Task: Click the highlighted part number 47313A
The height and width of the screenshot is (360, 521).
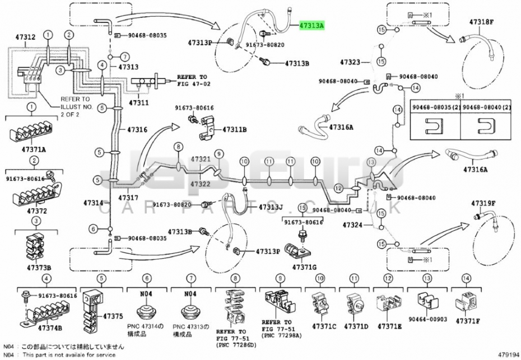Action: pyautogui.click(x=311, y=26)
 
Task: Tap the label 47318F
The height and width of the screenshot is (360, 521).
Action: pyautogui.click(x=482, y=22)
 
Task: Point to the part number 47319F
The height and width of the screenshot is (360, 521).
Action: pyautogui.click(x=483, y=203)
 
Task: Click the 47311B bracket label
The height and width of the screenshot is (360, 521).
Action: pyautogui.click(x=234, y=129)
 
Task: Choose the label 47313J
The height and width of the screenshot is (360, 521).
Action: pyautogui.click(x=271, y=208)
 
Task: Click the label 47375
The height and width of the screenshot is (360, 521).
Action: pyautogui.click(x=111, y=316)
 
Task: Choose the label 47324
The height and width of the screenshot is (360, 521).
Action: pyautogui.click(x=353, y=225)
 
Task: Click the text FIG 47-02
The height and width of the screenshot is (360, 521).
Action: pyautogui.click(x=192, y=83)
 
